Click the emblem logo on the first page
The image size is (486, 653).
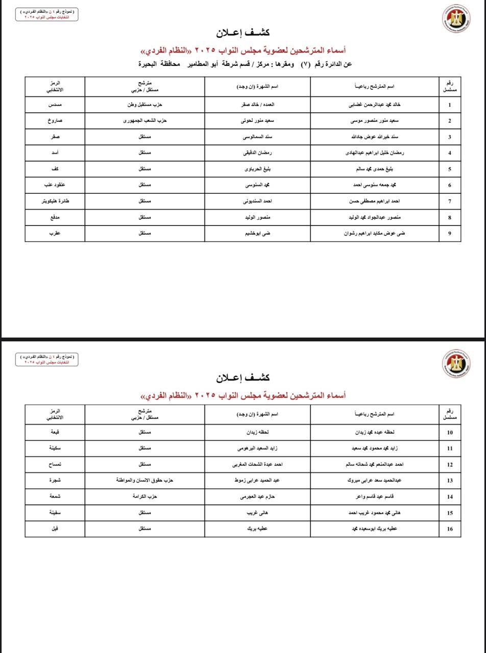pyautogui.click(x=456, y=18)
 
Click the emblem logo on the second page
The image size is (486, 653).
pyautogui.click(x=456, y=363)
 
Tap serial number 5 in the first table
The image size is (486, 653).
pyautogui.click(x=449, y=169)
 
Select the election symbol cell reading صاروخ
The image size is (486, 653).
pyautogui.click(x=55, y=121)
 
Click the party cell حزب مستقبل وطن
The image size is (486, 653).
pyautogui.click(x=144, y=105)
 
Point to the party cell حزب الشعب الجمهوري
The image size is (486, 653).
pyautogui.click(x=144, y=121)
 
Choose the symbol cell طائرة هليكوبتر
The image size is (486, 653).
pyautogui.click(x=55, y=201)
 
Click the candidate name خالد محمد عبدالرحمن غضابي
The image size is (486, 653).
pyautogui.click(x=374, y=105)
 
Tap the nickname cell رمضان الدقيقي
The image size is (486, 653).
pyautogui.click(x=257, y=153)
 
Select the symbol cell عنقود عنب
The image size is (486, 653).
pyautogui.click(x=55, y=185)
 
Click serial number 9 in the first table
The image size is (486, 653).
pyautogui.click(x=449, y=234)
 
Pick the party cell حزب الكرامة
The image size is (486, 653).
pyautogui.click(x=144, y=496)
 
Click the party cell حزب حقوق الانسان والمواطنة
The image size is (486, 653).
pyautogui.click(x=144, y=480)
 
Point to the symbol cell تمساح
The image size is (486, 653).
pyautogui.click(x=55, y=464)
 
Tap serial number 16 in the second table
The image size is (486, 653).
pyautogui.click(x=449, y=529)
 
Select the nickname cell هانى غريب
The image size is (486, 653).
pyautogui.click(x=257, y=513)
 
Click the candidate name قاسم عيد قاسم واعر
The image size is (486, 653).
pyautogui.click(x=374, y=496)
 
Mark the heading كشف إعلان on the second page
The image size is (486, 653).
pyautogui.click(x=242, y=378)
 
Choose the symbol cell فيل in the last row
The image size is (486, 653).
pyautogui.click(x=55, y=529)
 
